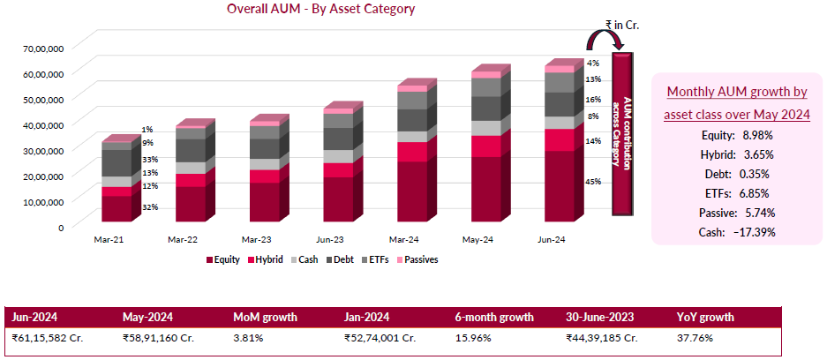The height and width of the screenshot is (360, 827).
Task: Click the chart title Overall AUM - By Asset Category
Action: [x=320, y=9]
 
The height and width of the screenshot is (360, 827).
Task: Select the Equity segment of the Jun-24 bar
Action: [x=556, y=185]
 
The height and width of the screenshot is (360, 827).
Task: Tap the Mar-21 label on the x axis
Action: [x=109, y=239]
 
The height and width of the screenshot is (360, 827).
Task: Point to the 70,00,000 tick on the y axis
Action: [x=41, y=49]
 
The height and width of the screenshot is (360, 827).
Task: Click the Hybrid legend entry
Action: [x=265, y=259]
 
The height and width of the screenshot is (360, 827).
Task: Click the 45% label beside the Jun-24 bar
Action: [x=594, y=182]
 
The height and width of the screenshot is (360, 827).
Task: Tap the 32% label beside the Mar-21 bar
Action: [x=149, y=207]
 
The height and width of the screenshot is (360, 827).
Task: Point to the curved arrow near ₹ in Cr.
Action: [x=605, y=40]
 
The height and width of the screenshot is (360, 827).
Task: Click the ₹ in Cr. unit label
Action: [x=621, y=26]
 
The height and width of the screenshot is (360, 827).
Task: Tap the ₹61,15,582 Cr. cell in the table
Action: [x=49, y=337]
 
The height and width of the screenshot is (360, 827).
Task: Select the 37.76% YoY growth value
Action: [x=696, y=337]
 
